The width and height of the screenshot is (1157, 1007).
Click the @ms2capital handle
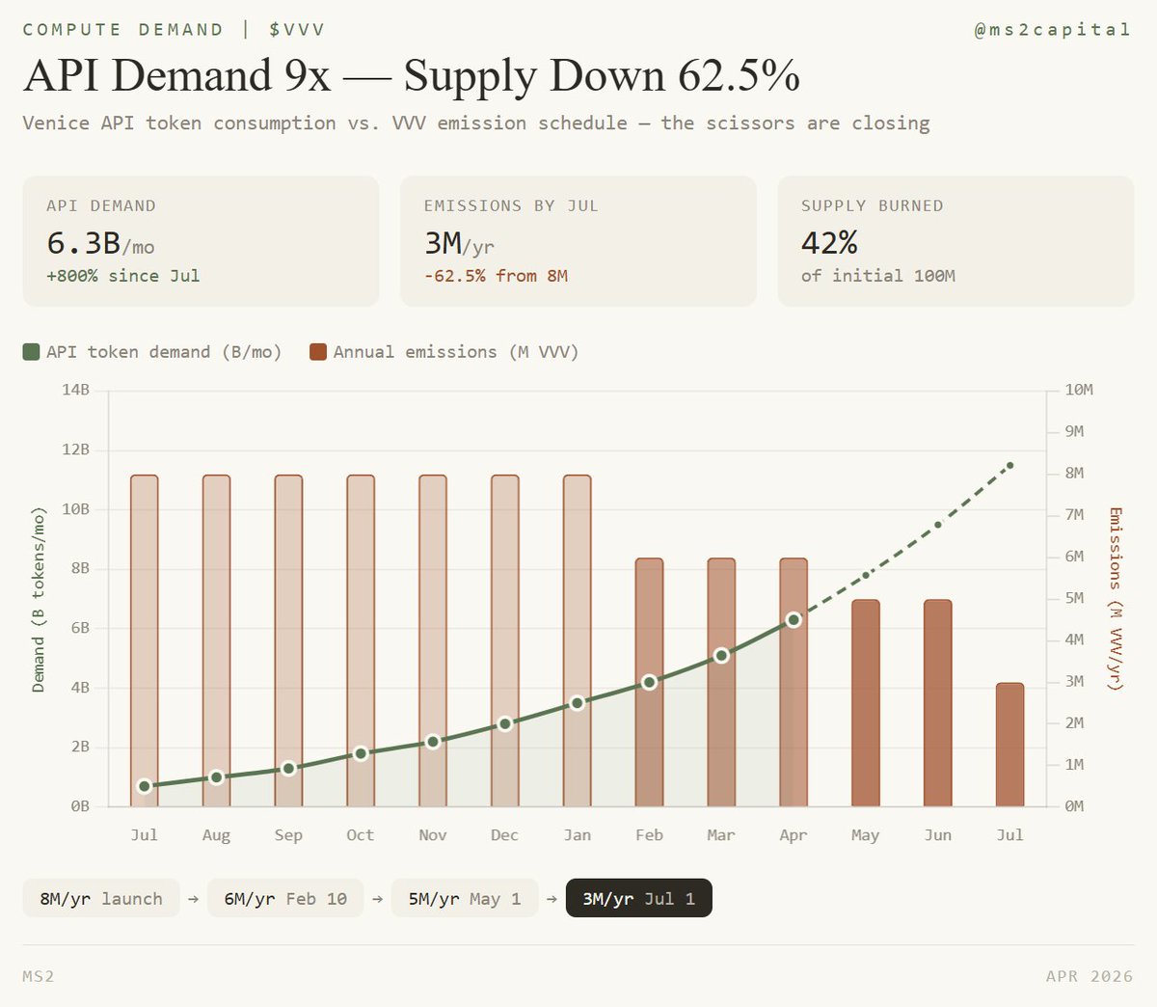tap(1052, 30)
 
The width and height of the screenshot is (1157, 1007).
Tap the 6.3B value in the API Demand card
tap(84, 243)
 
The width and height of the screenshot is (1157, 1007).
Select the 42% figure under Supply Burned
tap(829, 243)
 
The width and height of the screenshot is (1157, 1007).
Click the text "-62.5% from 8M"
tap(496, 276)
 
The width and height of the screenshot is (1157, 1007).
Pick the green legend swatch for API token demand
tap(32, 352)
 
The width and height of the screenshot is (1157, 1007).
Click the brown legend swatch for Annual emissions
tap(318, 352)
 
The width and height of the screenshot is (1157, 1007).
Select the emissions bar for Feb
tap(649, 682)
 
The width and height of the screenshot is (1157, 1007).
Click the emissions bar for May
tap(866, 702)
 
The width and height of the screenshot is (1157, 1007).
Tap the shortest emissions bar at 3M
tap(1009, 744)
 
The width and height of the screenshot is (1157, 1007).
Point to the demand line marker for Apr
tap(794, 619)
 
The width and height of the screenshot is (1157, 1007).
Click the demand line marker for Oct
tap(361, 753)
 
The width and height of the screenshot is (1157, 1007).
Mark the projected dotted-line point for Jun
tap(938, 525)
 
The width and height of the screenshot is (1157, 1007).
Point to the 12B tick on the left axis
tap(76, 449)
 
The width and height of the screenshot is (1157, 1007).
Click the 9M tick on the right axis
tap(1074, 431)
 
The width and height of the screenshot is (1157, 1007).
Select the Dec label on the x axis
tap(504, 835)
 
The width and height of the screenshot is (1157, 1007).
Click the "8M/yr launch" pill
tap(101, 899)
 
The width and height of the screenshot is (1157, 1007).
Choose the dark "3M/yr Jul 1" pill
tap(638, 899)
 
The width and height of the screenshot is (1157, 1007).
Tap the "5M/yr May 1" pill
tap(465, 899)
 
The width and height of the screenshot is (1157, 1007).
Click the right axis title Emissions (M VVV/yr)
tap(1116, 598)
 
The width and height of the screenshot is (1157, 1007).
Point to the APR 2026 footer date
tap(1090, 976)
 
